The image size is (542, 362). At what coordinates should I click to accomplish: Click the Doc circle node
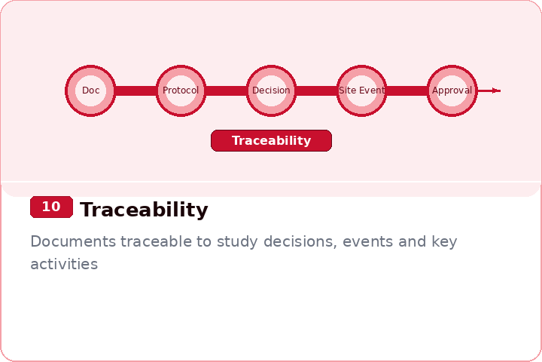coord(90,90)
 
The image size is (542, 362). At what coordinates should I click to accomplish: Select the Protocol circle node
coord(181,90)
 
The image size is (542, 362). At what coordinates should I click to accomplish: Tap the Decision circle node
coord(271,90)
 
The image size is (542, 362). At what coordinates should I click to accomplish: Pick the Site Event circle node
coord(361,90)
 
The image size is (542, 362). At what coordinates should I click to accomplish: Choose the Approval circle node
coord(452,90)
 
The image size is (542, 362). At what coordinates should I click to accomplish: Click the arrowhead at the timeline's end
coord(495,90)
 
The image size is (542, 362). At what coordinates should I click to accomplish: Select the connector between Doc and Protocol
coord(135,90)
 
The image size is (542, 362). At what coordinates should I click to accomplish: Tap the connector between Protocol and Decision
coord(226,90)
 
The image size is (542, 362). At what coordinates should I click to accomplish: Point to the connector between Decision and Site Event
coord(316,90)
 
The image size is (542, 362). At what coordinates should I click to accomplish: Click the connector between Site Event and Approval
coord(406,90)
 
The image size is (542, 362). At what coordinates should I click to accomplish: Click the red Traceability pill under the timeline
coord(271,141)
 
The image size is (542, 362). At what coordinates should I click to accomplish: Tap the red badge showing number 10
coord(51,207)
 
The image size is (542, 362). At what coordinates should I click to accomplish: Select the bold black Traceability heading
coord(144,210)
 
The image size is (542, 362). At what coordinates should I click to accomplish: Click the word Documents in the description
coord(73,242)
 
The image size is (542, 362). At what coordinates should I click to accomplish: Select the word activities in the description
coord(64,265)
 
